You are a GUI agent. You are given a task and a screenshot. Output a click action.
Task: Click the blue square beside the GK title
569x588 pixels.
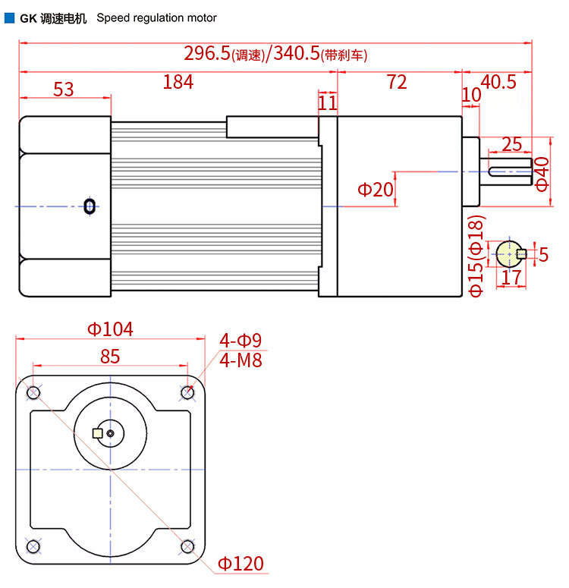(9, 18)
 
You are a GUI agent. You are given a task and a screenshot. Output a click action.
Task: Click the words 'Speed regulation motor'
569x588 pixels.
(157, 18)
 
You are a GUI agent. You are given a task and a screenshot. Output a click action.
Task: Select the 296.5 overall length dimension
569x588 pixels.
(206, 53)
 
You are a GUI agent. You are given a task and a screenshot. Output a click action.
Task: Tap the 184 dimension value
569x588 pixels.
(178, 82)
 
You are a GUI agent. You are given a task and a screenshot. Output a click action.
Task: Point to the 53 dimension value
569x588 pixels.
(64, 90)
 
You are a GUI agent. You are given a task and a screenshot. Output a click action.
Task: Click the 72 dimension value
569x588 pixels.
(397, 82)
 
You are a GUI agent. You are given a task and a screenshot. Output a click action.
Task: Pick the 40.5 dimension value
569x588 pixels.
(498, 82)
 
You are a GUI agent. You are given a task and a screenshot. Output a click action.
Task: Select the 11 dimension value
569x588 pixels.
(328, 103)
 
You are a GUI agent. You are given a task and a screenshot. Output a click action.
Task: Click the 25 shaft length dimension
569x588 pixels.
(511, 144)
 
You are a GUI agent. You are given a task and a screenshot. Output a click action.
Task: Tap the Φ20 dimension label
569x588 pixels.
(376, 190)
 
